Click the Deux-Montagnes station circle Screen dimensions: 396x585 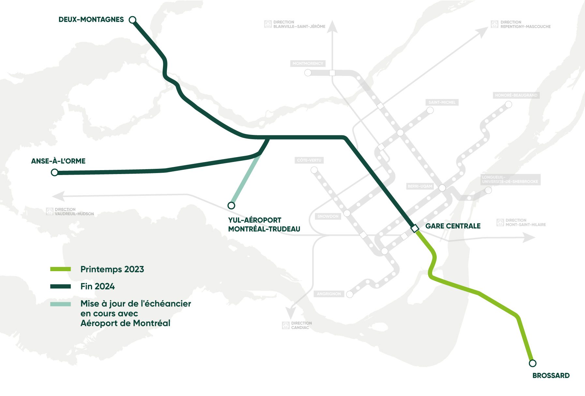[x=132, y=20]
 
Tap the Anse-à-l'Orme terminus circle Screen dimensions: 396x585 [x=55, y=172]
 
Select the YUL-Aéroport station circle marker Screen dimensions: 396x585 [x=231, y=205]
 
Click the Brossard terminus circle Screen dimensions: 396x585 [x=533, y=363]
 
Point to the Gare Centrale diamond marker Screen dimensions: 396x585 [x=415, y=228]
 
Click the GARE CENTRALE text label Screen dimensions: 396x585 [x=453, y=226]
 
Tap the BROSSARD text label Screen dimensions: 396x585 [x=551, y=375]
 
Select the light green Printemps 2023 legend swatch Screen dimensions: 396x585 [x=61, y=269]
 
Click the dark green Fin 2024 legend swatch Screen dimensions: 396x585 [x=61, y=286]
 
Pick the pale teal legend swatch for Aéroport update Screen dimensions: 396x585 [x=61, y=304]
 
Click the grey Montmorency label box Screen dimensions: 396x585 [x=308, y=64]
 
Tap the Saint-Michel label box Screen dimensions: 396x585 [x=442, y=102]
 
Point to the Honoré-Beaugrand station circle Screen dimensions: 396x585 [x=508, y=105]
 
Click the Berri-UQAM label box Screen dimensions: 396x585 [x=420, y=186]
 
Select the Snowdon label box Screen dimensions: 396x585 [x=328, y=216]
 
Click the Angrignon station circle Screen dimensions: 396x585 [x=350, y=294]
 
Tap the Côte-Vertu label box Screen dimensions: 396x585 [x=309, y=160]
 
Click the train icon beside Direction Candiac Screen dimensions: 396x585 [x=286, y=325]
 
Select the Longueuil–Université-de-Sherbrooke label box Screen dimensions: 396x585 [x=510, y=180]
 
